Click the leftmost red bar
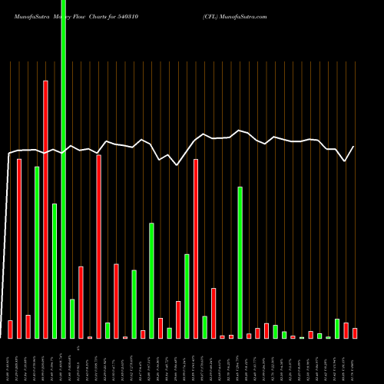10,329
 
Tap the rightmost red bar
355,333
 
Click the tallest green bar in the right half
240,262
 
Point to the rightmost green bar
337,328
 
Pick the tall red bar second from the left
19,248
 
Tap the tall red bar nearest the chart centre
196,248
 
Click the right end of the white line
354,147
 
